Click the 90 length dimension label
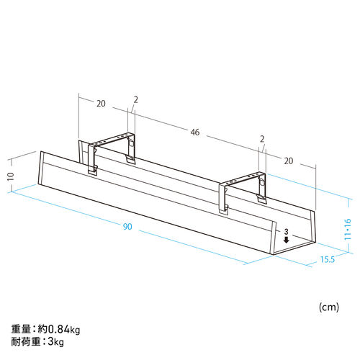[127, 227]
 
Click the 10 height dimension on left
[11, 177]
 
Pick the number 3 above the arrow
[286, 231]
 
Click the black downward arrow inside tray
[286, 242]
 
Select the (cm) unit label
[328, 307]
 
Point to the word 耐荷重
[24, 341]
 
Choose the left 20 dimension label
[101, 104]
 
